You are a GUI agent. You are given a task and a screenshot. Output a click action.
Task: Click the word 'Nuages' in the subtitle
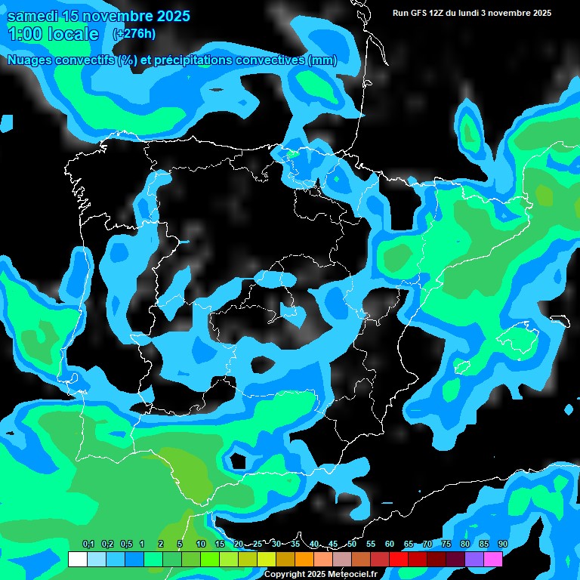point(29,60)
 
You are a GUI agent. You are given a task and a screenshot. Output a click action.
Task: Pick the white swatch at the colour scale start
point(77,559)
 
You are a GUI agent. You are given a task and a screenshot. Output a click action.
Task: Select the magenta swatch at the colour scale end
point(493,559)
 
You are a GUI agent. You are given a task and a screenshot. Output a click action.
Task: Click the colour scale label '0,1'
point(88,545)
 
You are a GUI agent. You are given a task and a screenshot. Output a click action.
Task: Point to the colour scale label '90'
point(503,545)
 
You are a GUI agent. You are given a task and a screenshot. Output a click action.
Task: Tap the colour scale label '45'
point(333,545)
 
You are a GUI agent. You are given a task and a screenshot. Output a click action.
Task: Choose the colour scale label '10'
point(201,545)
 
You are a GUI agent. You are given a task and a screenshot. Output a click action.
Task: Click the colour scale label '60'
point(390,545)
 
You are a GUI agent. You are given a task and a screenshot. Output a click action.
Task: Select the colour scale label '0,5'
point(125,545)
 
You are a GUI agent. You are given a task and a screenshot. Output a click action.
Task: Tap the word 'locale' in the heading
point(72,34)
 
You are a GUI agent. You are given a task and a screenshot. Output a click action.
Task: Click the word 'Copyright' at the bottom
point(286,575)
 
